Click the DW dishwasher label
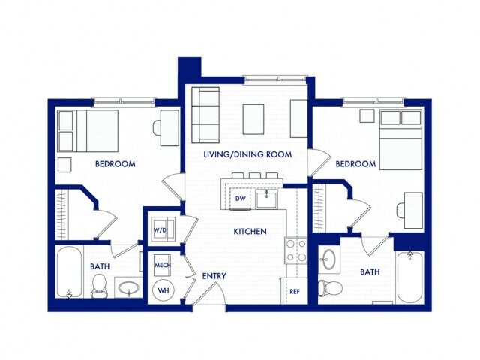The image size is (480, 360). [241, 199]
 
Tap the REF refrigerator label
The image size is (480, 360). [295, 291]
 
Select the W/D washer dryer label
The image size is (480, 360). [160, 229]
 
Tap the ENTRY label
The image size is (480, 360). [214, 276]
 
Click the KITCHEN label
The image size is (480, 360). [250, 232]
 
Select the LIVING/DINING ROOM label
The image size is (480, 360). [247, 154]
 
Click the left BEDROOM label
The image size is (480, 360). [115, 163]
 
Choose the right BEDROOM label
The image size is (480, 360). [355, 163]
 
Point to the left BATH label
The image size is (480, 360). [101, 266]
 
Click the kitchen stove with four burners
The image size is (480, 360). [295, 250]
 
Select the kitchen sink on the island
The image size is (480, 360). [266, 199]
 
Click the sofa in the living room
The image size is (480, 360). [205, 115]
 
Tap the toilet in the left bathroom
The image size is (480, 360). [98, 285]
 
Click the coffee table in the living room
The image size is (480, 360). [253, 118]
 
